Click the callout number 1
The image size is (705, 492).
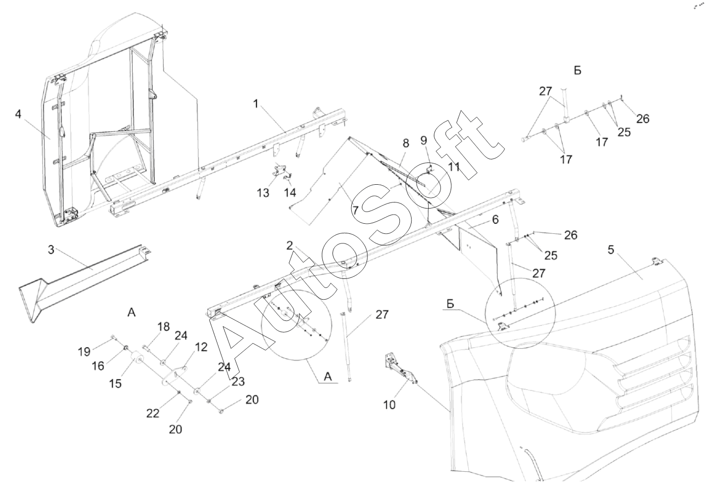click(256, 104)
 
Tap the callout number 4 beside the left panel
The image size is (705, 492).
click(18, 114)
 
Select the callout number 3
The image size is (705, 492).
click(51, 250)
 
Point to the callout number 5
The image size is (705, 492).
click(611, 250)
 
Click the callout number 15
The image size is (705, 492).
click(116, 383)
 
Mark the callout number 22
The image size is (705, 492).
click(153, 413)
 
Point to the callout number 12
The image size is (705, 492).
click(201, 347)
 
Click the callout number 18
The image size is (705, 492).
click(163, 326)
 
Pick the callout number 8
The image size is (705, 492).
click(405, 143)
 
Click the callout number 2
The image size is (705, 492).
click(289, 246)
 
